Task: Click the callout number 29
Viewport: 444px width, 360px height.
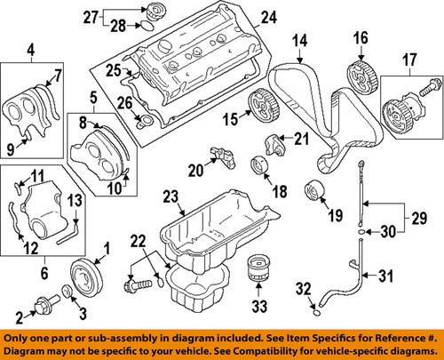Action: coord(420,218)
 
